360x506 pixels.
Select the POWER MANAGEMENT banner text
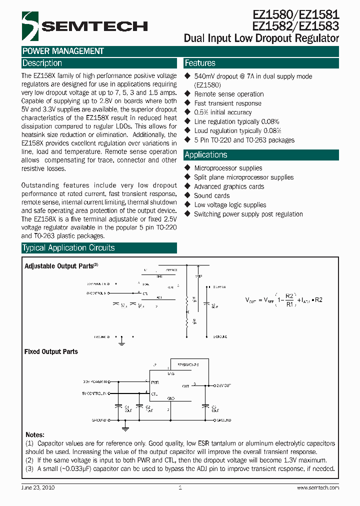(x=63, y=51)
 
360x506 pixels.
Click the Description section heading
(x=42, y=63)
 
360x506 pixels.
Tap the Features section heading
(x=200, y=63)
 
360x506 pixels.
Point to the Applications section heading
(x=205, y=155)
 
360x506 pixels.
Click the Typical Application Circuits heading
(x=68, y=248)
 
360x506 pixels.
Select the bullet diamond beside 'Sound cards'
(x=187, y=195)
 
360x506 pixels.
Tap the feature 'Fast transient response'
(x=227, y=103)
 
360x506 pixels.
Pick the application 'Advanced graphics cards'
(x=229, y=186)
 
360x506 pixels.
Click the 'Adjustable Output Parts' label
(x=59, y=266)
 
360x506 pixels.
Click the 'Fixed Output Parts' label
(x=51, y=351)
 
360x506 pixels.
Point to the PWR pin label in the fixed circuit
(x=155, y=381)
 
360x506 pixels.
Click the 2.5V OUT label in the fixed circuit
(x=223, y=386)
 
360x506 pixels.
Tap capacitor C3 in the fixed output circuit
(x=205, y=407)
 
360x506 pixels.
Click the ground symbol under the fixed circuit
(x=125, y=428)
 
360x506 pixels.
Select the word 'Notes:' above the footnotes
(x=34, y=435)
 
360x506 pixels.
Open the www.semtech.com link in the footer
(x=317, y=487)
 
